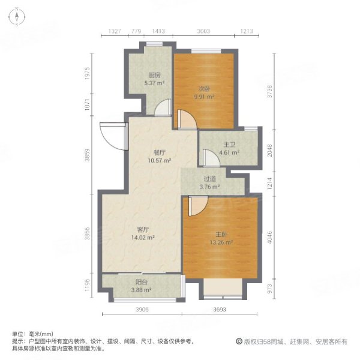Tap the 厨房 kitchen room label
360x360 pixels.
coord(154,76)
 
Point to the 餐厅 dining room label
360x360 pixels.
coord(159,152)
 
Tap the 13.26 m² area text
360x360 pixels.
coord(221,243)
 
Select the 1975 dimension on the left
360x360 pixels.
coord(88,77)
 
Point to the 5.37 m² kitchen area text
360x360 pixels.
coord(154,84)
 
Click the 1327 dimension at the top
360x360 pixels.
coord(116,31)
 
